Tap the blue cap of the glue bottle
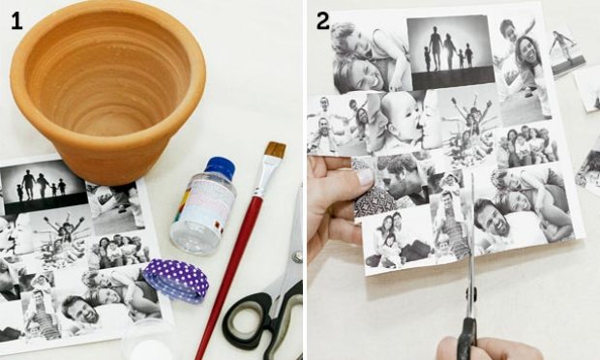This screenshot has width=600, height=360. [x=220, y=166]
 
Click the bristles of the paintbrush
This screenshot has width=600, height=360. [x=275, y=150]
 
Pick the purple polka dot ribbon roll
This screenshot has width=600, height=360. [x=176, y=281]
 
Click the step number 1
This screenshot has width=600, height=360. [x=16, y=21]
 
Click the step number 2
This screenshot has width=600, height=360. [x=322, y=21]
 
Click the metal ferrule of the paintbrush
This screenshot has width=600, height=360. [x=266, y=176]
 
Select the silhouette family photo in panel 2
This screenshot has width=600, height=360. [x=450, y=52]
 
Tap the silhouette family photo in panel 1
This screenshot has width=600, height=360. [x=44, y=187]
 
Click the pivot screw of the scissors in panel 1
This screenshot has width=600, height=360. [x=297, y=256]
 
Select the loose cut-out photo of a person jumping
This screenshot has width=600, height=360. [x=567, y=52]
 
